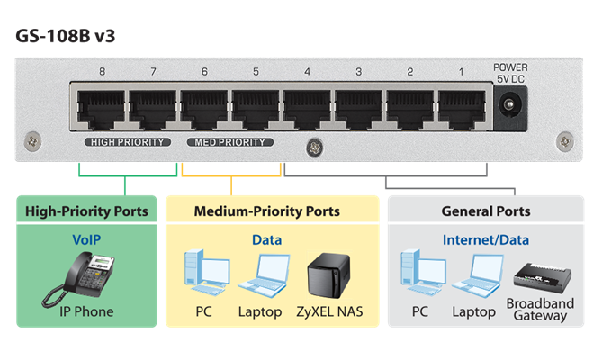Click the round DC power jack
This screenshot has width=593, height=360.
[510, 111]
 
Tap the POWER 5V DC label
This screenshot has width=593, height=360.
[510, 72]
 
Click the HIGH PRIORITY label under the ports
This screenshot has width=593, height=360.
[127, 142]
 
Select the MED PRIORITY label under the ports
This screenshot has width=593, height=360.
[229, 142]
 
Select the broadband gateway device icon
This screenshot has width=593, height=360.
[540, 277]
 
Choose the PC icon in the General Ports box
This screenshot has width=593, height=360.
[420, 275]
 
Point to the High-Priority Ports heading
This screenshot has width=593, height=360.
[82, 211]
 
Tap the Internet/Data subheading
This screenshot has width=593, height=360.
[485, 240]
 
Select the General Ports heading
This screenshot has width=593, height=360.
[485, 211]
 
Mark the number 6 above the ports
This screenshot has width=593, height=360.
[204, 71]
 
